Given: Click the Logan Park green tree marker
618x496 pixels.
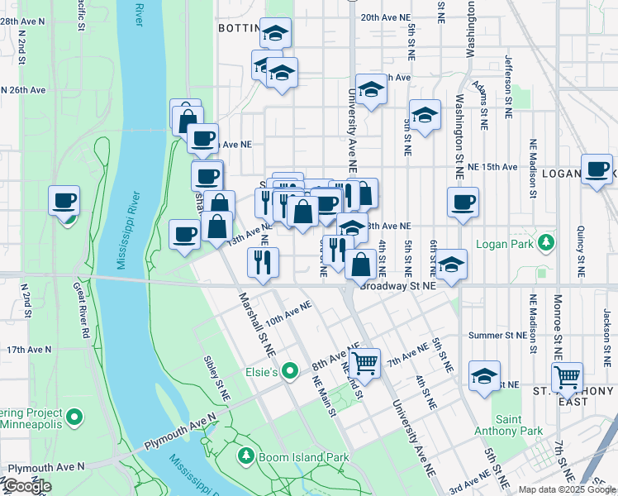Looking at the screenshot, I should pos(545,242).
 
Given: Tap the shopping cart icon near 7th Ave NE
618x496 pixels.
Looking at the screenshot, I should pos(364,362).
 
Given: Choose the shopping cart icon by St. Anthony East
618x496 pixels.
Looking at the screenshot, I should pos(567,376).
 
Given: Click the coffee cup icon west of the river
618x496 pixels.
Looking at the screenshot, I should pos(64,200).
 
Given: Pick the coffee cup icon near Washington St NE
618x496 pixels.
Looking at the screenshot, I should pos(463,202).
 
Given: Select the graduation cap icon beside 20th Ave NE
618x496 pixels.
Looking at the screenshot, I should pos(275,33).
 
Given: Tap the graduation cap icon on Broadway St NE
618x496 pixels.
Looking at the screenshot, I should pos(451,265).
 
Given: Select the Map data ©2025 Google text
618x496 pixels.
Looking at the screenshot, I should pos(567,489).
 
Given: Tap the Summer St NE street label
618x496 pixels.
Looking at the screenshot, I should pos(497,336).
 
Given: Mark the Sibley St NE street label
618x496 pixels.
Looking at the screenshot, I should pos(213,373).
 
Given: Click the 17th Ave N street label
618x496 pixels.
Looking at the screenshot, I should pos(29,350).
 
